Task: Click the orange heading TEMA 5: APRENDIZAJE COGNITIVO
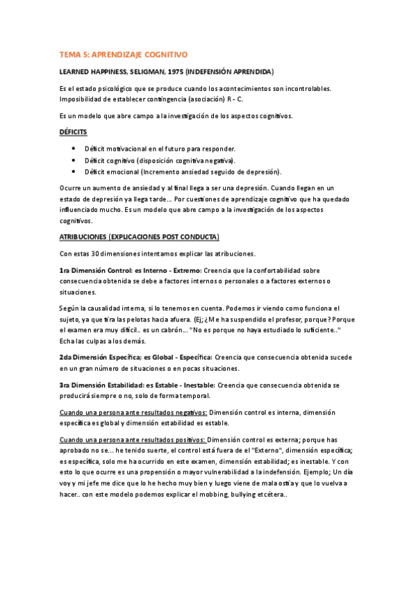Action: [x=124, y=53]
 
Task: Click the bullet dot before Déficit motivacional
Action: [x=74, y=149]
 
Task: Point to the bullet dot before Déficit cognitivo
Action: [x=74, y=160]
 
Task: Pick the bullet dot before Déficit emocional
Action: [x=74, y=171]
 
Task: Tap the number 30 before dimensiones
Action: [x=99, y=254]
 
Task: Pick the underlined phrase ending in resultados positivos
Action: [x=133, y=440]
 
